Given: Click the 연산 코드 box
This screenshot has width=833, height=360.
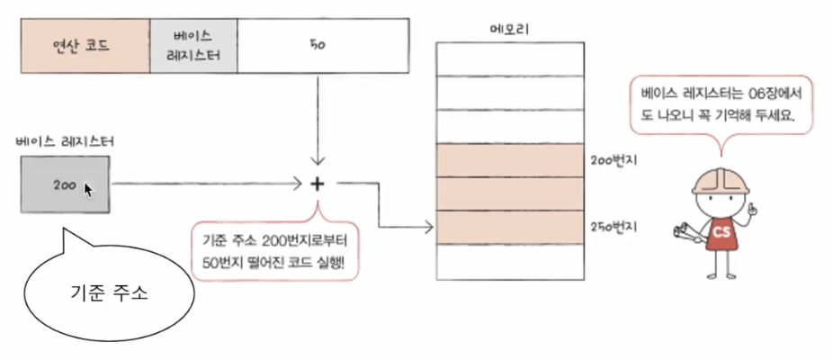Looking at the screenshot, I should coord(85,45).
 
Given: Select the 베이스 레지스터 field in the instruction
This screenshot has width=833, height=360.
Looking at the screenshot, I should coord(194,45).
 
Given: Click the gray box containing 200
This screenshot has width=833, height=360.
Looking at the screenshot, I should coord(66,184).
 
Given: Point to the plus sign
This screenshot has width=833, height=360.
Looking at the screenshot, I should coord(317,184).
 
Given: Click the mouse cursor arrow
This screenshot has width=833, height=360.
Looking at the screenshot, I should coord(88,190).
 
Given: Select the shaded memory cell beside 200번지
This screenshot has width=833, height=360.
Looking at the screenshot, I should coord(510,159).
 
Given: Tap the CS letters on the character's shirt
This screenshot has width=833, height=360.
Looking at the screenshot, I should coord(721,231).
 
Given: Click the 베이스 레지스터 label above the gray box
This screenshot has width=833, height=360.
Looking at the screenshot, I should coord(65,143).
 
